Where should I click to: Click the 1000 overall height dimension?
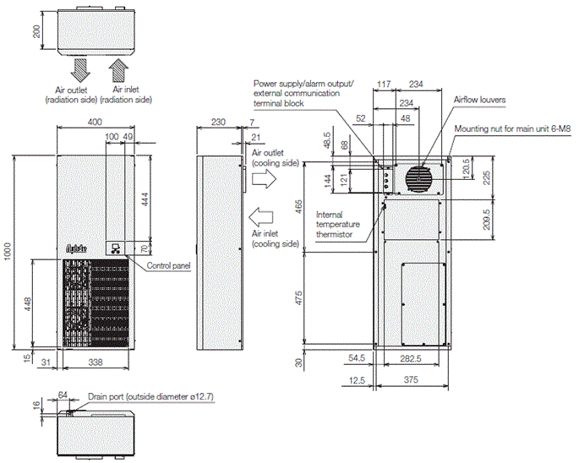pos(7,251)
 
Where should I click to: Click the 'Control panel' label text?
pos(168,265)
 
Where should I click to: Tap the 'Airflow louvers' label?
pos(479,100)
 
